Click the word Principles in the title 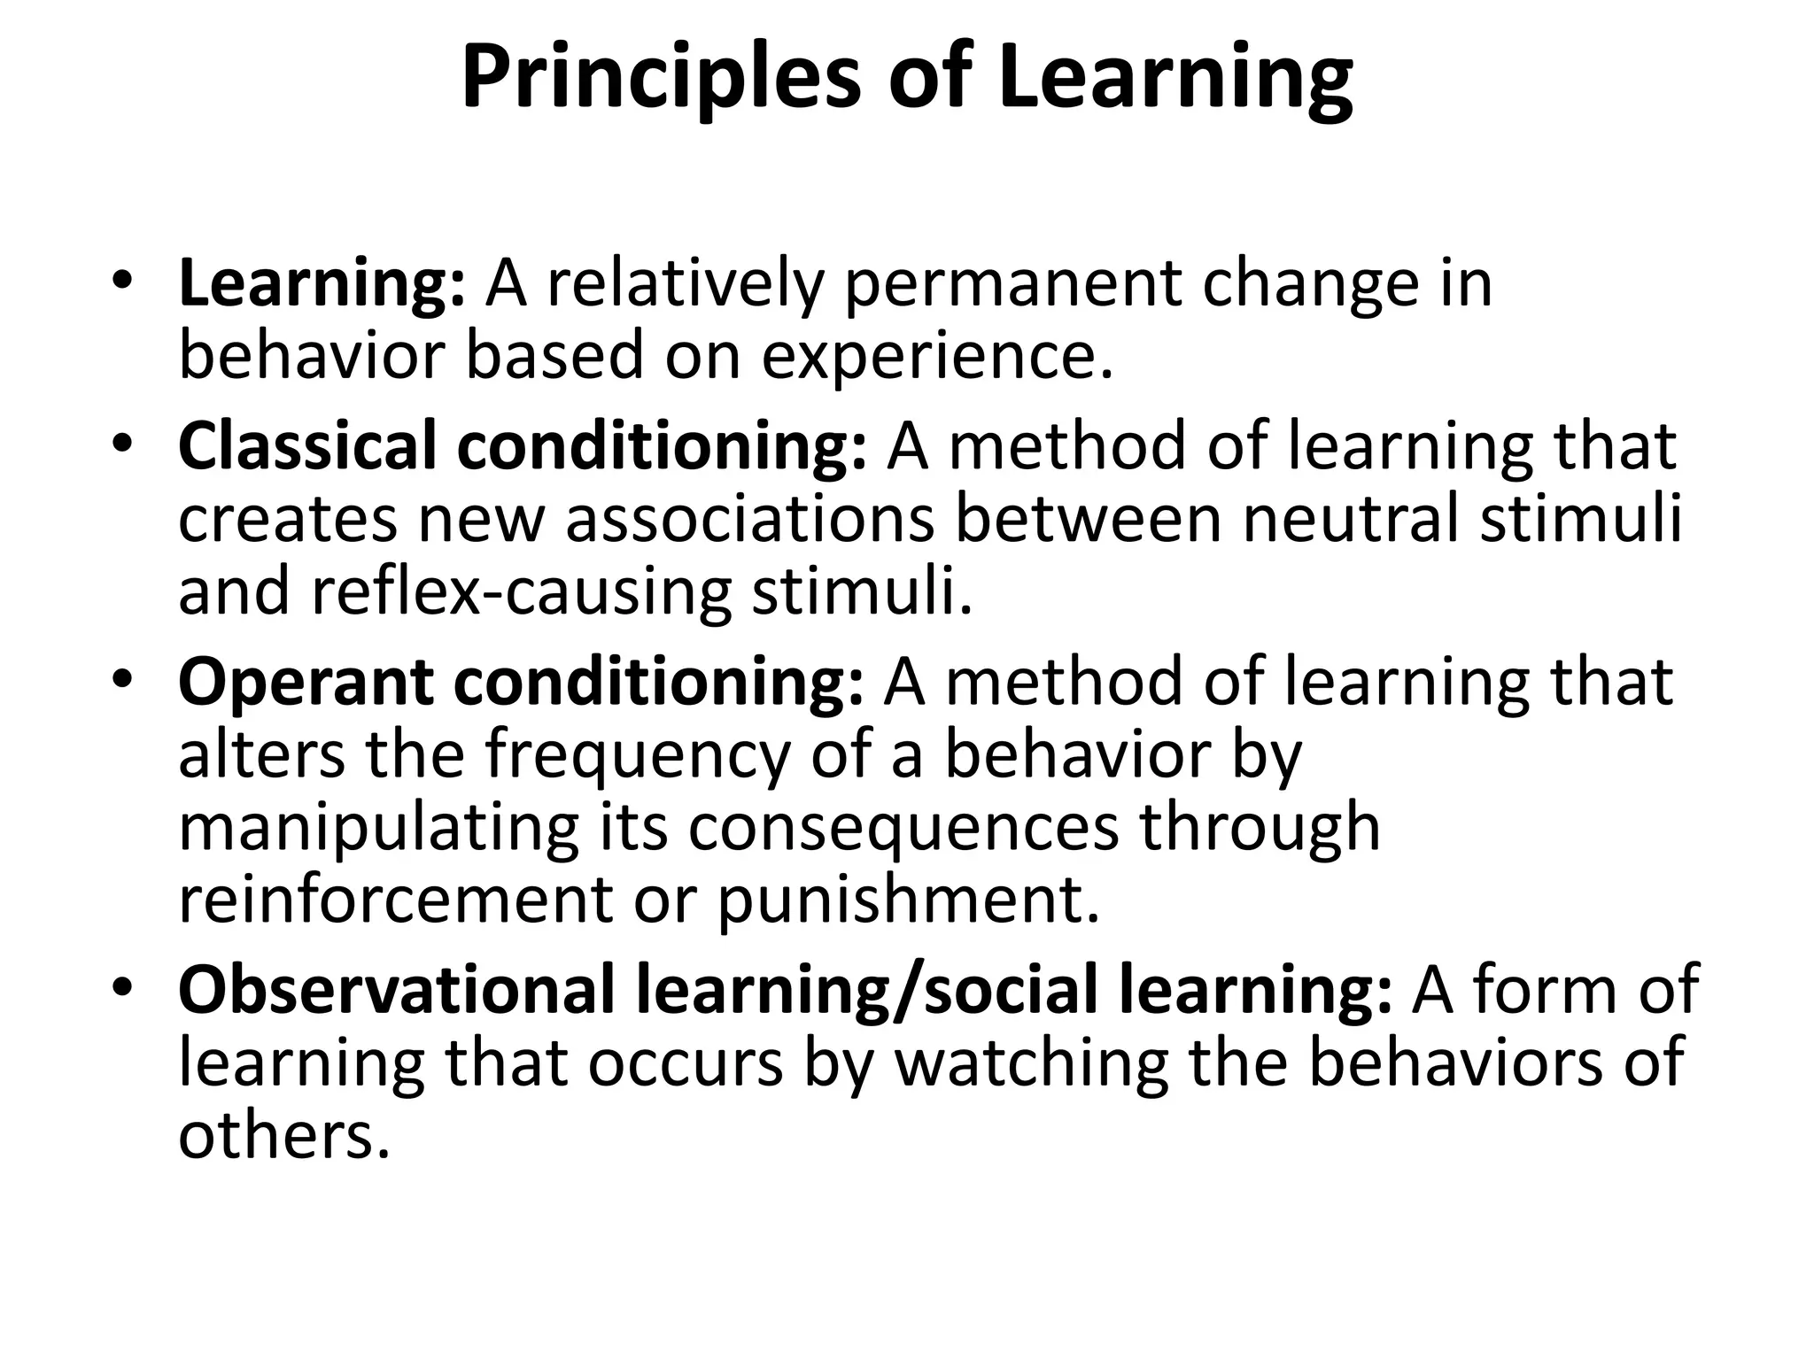click(661, 78)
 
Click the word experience click(936, 356)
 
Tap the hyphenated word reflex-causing click(521, 591)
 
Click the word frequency click(636, 754)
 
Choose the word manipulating click(378, 827)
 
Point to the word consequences click(903, 827)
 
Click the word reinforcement click(396, 900)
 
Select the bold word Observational click(396, 990)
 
